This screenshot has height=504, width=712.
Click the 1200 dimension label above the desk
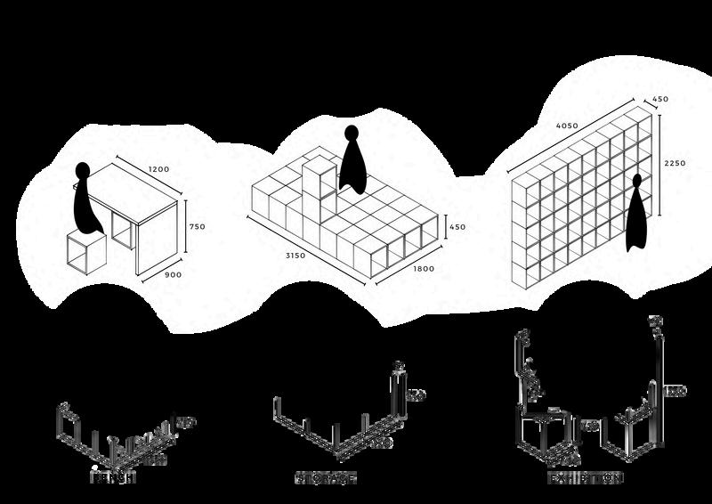coord(159,169)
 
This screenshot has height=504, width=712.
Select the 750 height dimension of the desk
coord(197,227)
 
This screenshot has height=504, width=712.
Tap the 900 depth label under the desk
coord(174,275)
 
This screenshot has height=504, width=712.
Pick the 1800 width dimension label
coord(423,269)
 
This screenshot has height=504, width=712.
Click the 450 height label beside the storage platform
coord(456,227)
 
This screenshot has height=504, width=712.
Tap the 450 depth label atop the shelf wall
coord(660,99)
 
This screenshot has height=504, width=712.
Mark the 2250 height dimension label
coord(675,163)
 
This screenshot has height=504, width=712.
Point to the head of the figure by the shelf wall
coord(637,182)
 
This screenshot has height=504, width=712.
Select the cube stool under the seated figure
coord(86,252)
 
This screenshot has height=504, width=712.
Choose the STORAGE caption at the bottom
coord(326,478)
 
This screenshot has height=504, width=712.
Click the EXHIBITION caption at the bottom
coord(585,478)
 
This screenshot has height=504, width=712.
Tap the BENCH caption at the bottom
coord(113,478)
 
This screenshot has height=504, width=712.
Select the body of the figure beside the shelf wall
coord(637,218)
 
